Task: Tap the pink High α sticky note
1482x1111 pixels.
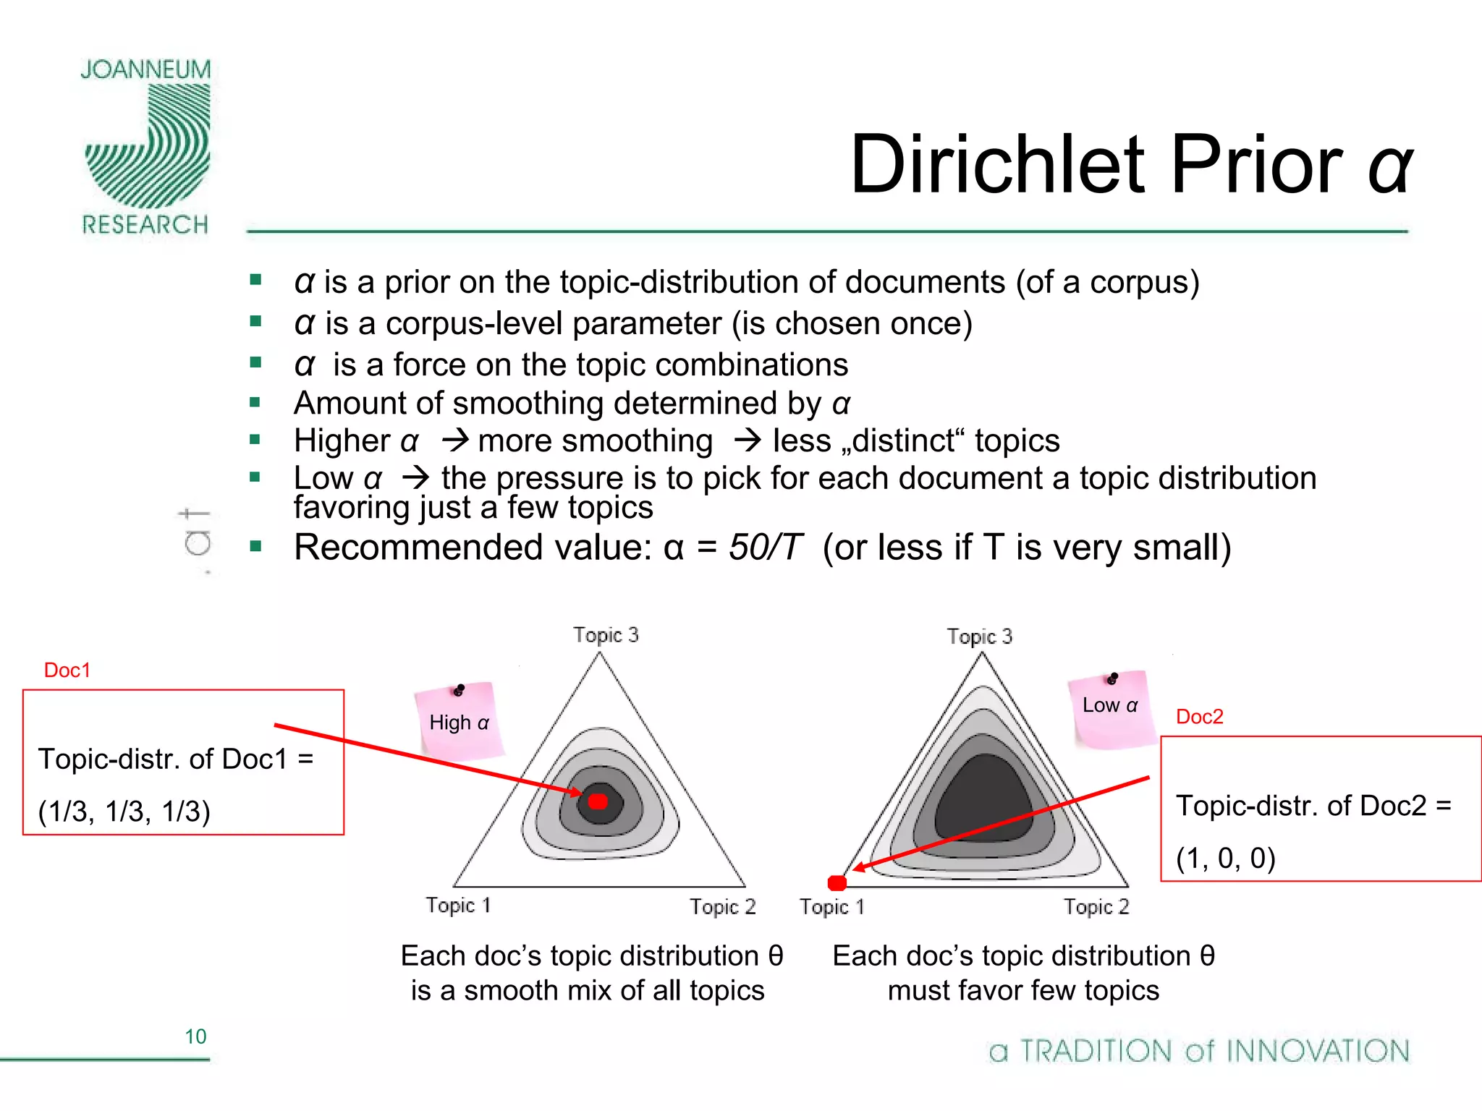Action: click(459, 721)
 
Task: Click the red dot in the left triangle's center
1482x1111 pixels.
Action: click(598, 801)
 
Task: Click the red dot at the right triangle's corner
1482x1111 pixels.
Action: click(837, 882)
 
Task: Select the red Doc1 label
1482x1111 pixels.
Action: click(67, 671)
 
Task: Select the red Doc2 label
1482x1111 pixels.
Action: click(1199, 717)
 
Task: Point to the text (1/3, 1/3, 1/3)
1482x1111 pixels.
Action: click(124, 812)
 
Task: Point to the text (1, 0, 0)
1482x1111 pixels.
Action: click(1225, 859)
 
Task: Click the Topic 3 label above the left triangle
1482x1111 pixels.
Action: click(606, 635)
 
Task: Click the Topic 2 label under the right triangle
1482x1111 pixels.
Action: click(1096, 907)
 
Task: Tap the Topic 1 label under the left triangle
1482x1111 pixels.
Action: click(458, 906)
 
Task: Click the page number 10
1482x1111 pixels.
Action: click(195, 1036)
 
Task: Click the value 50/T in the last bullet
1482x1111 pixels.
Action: click(765, 548)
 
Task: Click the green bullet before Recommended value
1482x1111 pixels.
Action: click(255, 546)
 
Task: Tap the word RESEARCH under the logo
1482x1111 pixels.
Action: click(145, 225)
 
